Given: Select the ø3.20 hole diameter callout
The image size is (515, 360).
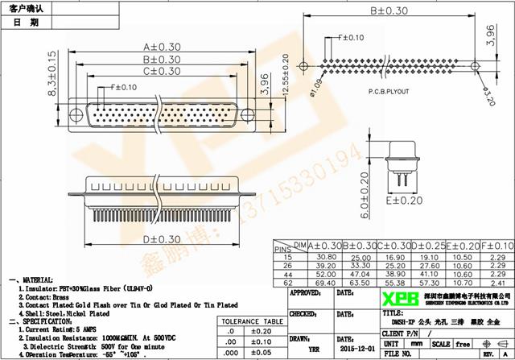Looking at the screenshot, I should [x=490, y=99].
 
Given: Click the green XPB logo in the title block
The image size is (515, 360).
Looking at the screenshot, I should [x=397, y=300].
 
